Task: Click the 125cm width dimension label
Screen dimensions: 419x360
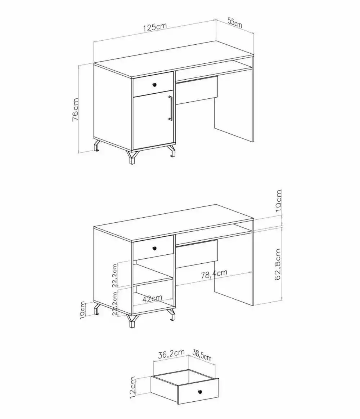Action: (155, 27)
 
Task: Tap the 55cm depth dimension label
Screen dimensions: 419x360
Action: (235, 22)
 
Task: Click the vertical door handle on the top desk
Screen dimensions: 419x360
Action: (170, 108)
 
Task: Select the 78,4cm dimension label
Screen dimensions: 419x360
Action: (214, 275)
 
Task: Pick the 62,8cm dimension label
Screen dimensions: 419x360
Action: (278, 265)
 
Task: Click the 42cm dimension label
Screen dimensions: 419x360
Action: (152, 298)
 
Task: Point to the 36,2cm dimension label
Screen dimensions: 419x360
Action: (171, 354)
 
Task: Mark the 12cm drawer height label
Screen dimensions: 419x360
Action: (133, 387)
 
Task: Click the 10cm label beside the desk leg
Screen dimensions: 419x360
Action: (82, 310)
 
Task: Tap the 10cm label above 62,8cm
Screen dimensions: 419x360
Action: (278, 202)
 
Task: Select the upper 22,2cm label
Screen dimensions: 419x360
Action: (115, 275)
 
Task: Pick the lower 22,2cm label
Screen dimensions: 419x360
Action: (115, 303)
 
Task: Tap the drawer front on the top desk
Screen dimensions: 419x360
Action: (153, 84)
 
